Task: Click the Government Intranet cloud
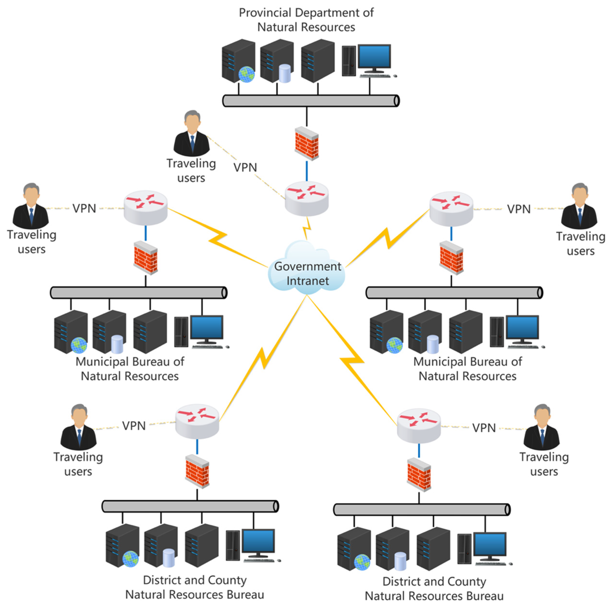(x=307, y=270)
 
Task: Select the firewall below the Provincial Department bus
(x=307, y=144)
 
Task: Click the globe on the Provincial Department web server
(x=246, y=74)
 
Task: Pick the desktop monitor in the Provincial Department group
(x=374, y=56)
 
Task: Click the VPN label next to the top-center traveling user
(x=245, y=168)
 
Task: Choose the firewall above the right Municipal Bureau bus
(x=451, y=258)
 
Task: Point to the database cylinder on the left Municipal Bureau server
(x=117, y=344)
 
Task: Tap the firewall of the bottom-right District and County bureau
(x=419, y=475)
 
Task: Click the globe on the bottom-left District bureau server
(x=130, y=559)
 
